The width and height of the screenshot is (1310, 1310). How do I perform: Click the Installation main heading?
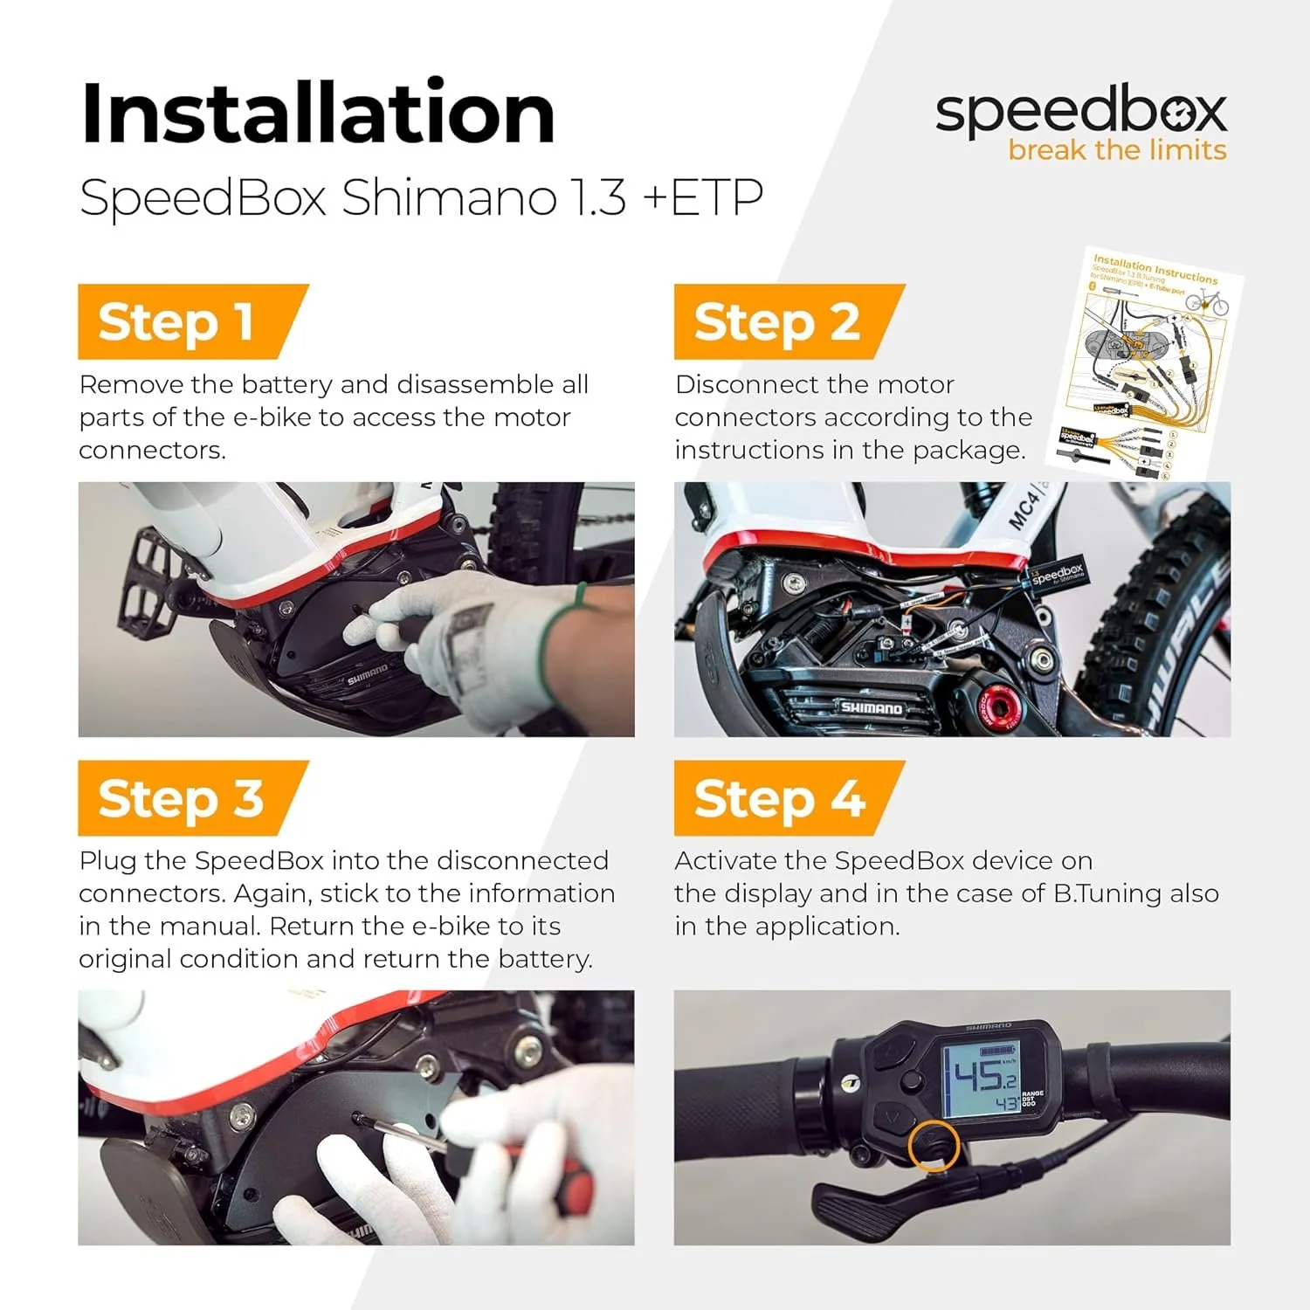pyautogui.click(x=318, y=114)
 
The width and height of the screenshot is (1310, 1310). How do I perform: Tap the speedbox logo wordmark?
pyautogui.click(x=1080, y=111)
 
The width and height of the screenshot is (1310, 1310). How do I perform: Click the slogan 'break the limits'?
pyautogui.click(x=1116, y=150)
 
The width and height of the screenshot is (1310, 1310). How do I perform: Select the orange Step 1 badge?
pyautogui.click(x=183, y=321)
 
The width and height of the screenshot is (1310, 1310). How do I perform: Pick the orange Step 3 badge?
pyautogui.click(x=183, y=798)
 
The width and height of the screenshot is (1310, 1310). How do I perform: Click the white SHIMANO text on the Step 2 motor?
pyautogui.click(x=871, y=707)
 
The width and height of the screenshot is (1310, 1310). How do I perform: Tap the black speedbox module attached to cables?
pyautogui.click(x=1058, y=576)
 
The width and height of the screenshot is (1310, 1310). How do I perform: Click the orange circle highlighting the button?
pyautogui.click(x=934, y=1145)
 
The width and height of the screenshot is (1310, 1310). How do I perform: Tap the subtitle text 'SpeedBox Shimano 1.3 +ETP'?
pyautogui.click(x=421, y=197)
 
